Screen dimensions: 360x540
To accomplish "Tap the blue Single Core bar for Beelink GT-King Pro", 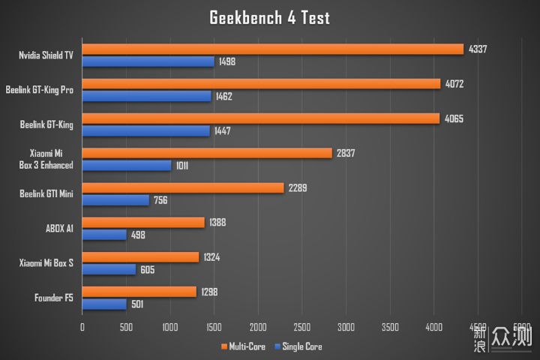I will [x=146, y=96].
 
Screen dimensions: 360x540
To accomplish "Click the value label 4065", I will [x=454, y=118].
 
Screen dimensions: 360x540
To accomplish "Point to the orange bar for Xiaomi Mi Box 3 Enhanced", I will [x=206, y=153].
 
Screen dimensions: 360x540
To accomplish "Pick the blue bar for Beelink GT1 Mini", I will [x=115, y=200].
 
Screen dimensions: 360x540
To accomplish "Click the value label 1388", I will [x=218, y=222].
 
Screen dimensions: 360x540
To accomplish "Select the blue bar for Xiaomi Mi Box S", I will [x=109, y=269].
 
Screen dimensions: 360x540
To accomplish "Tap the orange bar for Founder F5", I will [x=139, y=292].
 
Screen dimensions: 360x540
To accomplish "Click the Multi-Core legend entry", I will [x=244, y=346].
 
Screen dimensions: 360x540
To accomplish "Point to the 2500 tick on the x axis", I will [x=302, y=327].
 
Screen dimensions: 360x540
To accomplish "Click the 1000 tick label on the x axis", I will [x=170, y=327].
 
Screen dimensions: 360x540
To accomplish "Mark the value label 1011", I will [x=181, y=166].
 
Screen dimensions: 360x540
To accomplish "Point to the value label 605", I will [x=146, y=270].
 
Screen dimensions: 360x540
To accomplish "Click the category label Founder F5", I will [x=54, y=298].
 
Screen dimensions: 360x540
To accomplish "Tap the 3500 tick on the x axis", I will [x=390, y=327].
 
